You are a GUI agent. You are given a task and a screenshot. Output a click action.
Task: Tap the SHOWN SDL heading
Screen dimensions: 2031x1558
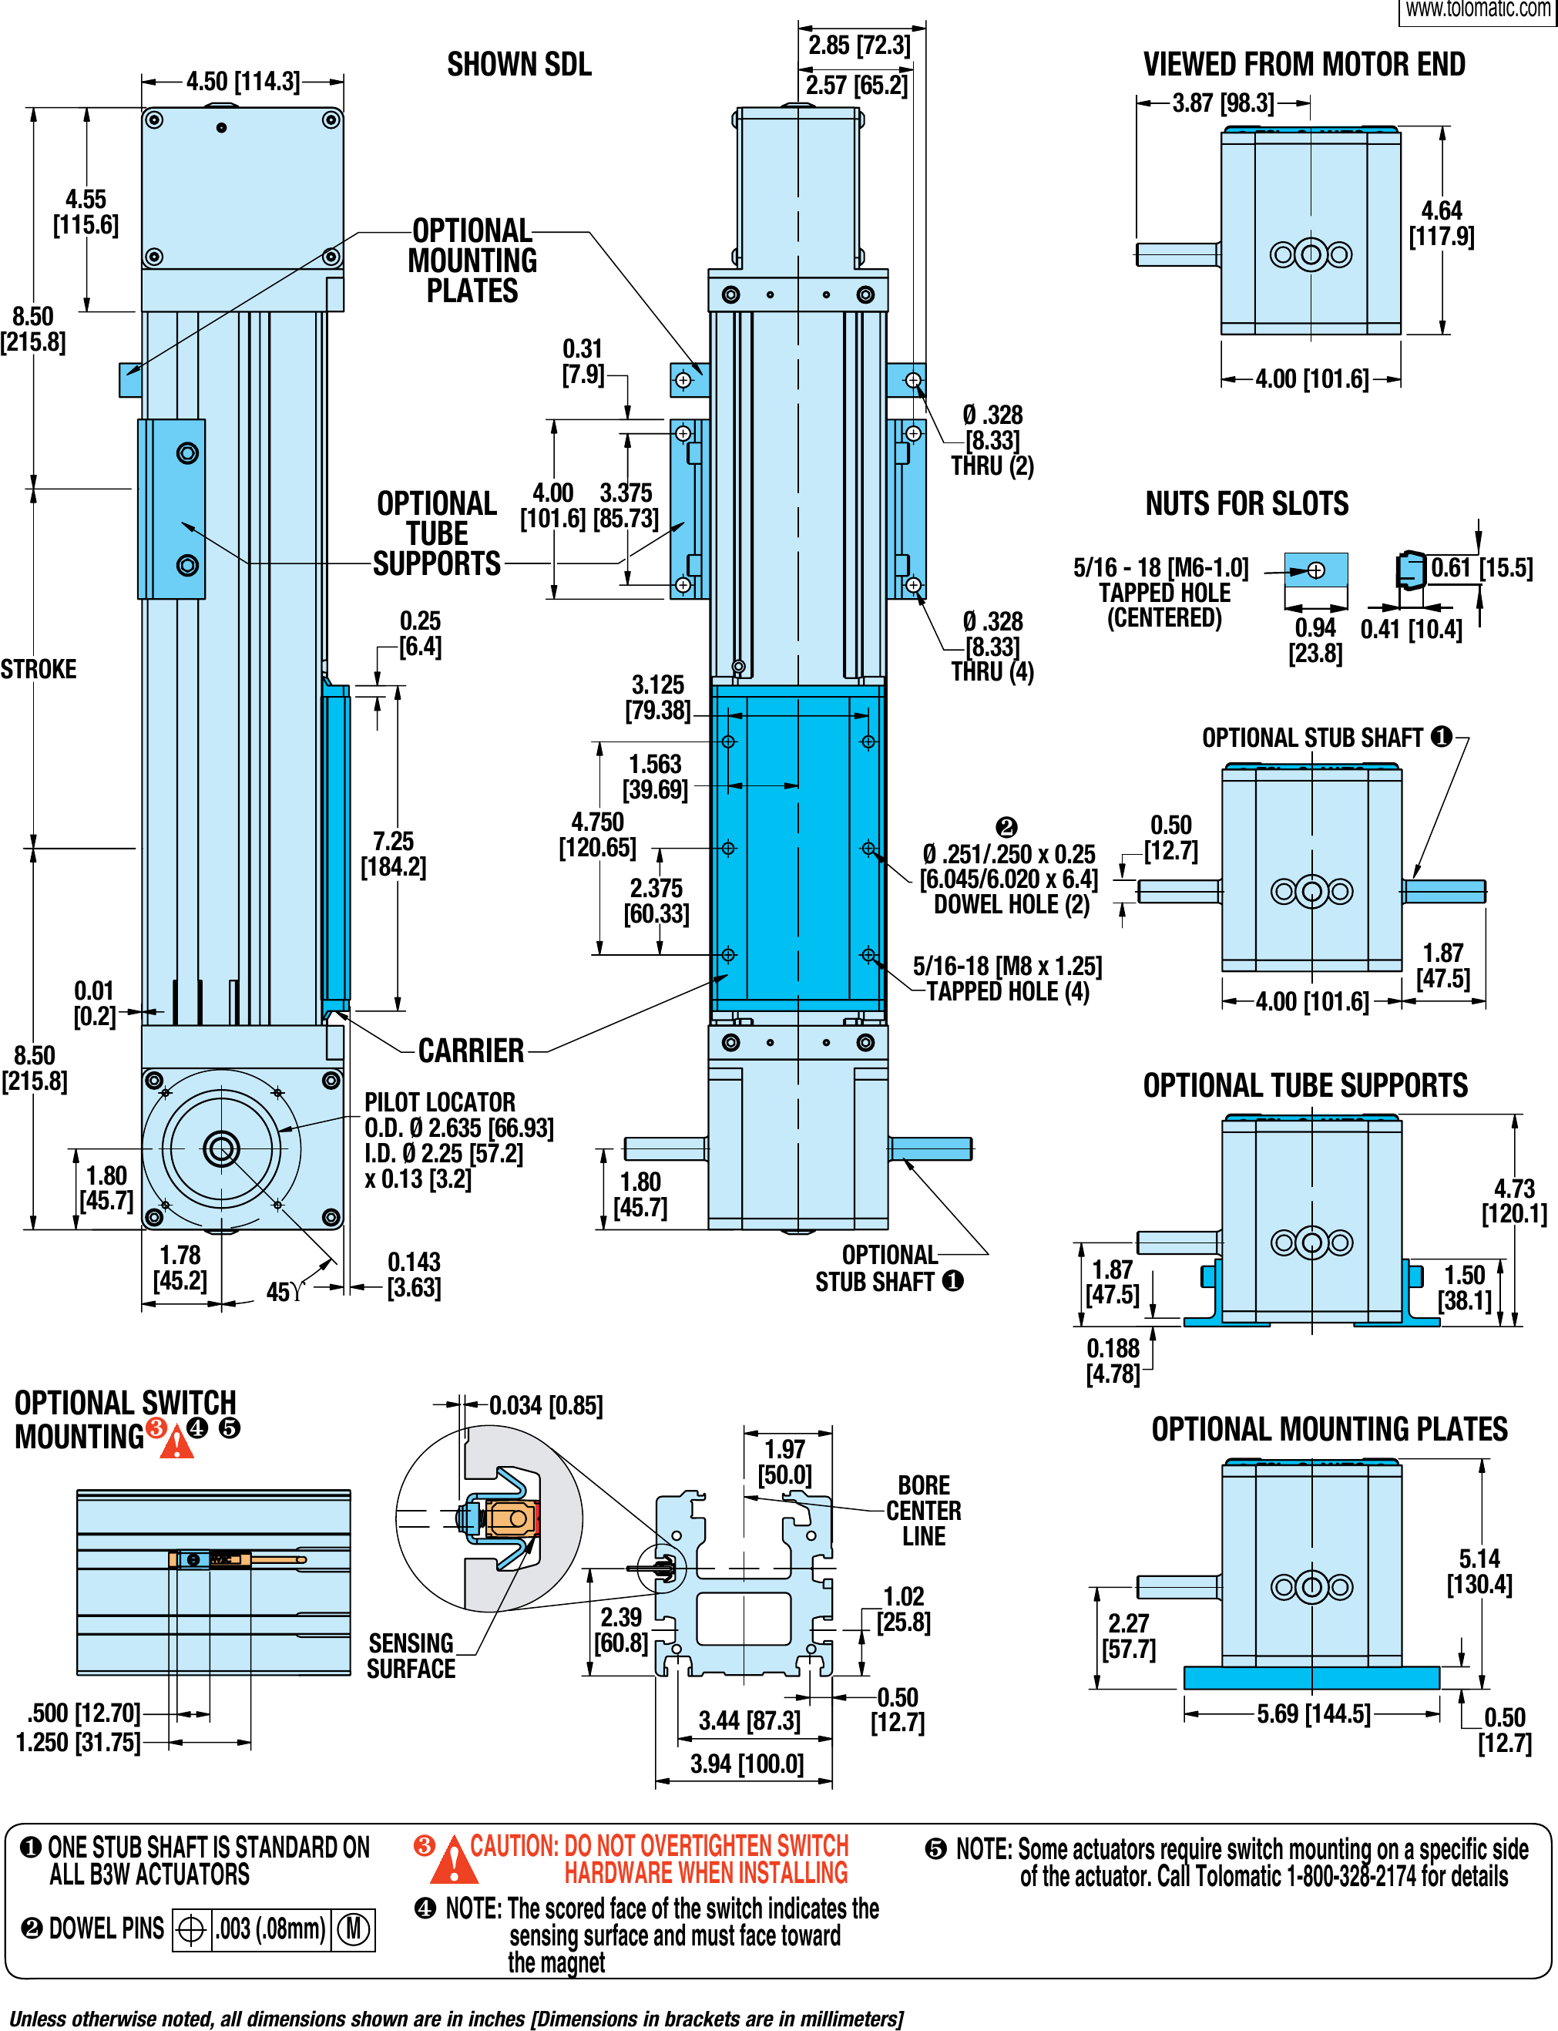(x=519, y=65)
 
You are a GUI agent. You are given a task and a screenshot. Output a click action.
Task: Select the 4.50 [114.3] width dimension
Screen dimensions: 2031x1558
(x=243, y=82)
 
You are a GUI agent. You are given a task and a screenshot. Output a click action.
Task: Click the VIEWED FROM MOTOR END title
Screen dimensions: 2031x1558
(x=1303, y=65)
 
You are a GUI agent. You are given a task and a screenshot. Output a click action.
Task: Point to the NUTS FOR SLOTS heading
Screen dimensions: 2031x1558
(x=1247, y=504)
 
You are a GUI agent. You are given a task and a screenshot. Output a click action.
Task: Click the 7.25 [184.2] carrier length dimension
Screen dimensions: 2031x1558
(x=393, y=853)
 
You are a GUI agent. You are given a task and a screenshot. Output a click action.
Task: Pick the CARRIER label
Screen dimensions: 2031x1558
(x=471, y=1051)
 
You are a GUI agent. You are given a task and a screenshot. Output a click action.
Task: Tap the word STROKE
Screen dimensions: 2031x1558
(x=38, y=669)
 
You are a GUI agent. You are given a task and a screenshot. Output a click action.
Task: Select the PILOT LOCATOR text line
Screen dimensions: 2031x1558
(x=439, y=1102)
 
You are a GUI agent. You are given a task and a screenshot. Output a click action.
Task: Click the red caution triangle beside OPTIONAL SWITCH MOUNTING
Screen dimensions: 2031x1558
(x=176, y=1443)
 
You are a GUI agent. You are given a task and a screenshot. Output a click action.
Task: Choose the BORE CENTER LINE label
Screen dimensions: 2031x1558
(x=924, y=1511)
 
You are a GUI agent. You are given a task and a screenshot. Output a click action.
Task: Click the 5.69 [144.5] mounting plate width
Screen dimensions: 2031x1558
(x=1313, y=1713)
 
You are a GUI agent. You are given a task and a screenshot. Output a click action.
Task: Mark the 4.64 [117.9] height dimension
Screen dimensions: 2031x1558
(x=1441, y=224)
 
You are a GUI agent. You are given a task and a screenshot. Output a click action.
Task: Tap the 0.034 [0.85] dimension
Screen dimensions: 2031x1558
(x=546, y=1406)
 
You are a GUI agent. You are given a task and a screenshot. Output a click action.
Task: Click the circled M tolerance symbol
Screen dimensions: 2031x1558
(x=354, y=1929)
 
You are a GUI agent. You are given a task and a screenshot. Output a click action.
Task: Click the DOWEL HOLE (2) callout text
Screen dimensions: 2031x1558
(x=1011, y=905)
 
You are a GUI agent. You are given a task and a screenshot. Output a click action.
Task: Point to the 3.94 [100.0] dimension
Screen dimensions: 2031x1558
(x=747, y=1764)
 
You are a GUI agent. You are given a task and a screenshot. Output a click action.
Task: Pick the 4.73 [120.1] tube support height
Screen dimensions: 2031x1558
(x=1513, y=1202)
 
